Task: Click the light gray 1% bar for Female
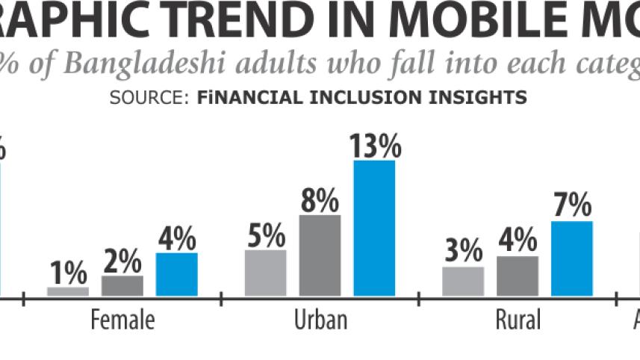[x=68, y=291]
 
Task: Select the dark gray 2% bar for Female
[x=122, y=285]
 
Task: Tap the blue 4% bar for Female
[x=177, y=274]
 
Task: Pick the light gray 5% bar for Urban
[x=265, y=273]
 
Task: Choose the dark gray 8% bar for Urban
[x=320, y=255]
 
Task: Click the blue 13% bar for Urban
[x=374, y=228]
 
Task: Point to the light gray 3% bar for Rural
[x=463, y=281]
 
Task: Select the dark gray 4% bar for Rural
[x=517, y=276]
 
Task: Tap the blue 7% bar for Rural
[x=571, y=258]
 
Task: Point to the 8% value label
[x=320, y=202]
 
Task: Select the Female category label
[x=122, y=320]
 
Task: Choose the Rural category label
[x=518, y=320]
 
